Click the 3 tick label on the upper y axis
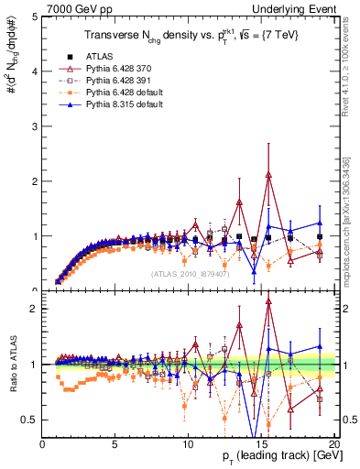(35, 126)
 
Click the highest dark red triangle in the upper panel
(268, 175)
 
